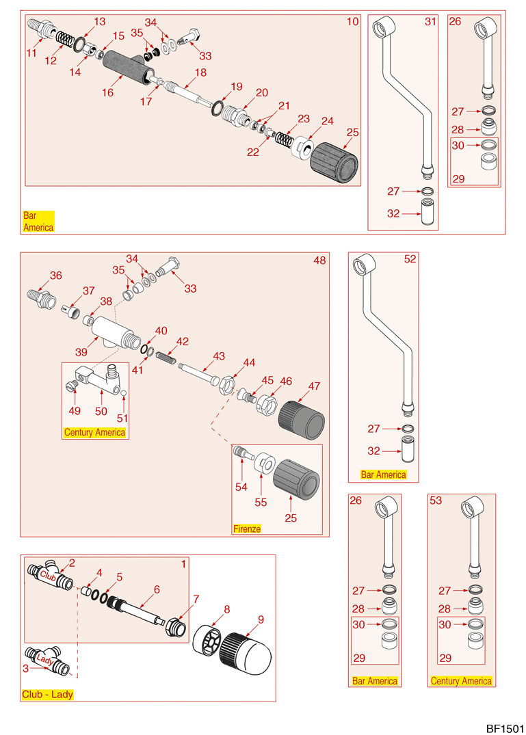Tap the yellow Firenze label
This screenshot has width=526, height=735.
(247, 529)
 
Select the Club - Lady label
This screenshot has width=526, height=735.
(47, 694)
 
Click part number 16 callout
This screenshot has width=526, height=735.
(108, 92)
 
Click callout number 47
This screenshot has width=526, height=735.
(314, 386)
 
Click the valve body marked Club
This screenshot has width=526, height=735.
(50, 575)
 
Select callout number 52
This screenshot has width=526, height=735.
(410, 260)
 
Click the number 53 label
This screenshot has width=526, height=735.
(436, 500)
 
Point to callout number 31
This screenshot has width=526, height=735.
(430, 22)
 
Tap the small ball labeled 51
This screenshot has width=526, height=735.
(122, 392)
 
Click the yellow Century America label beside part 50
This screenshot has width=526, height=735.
(94, 432)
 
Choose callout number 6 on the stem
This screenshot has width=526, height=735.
(157, 589)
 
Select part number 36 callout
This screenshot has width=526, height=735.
(55, 276)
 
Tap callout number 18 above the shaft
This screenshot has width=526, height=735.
(200, 72)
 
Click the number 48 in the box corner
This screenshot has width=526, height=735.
(319, 260)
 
